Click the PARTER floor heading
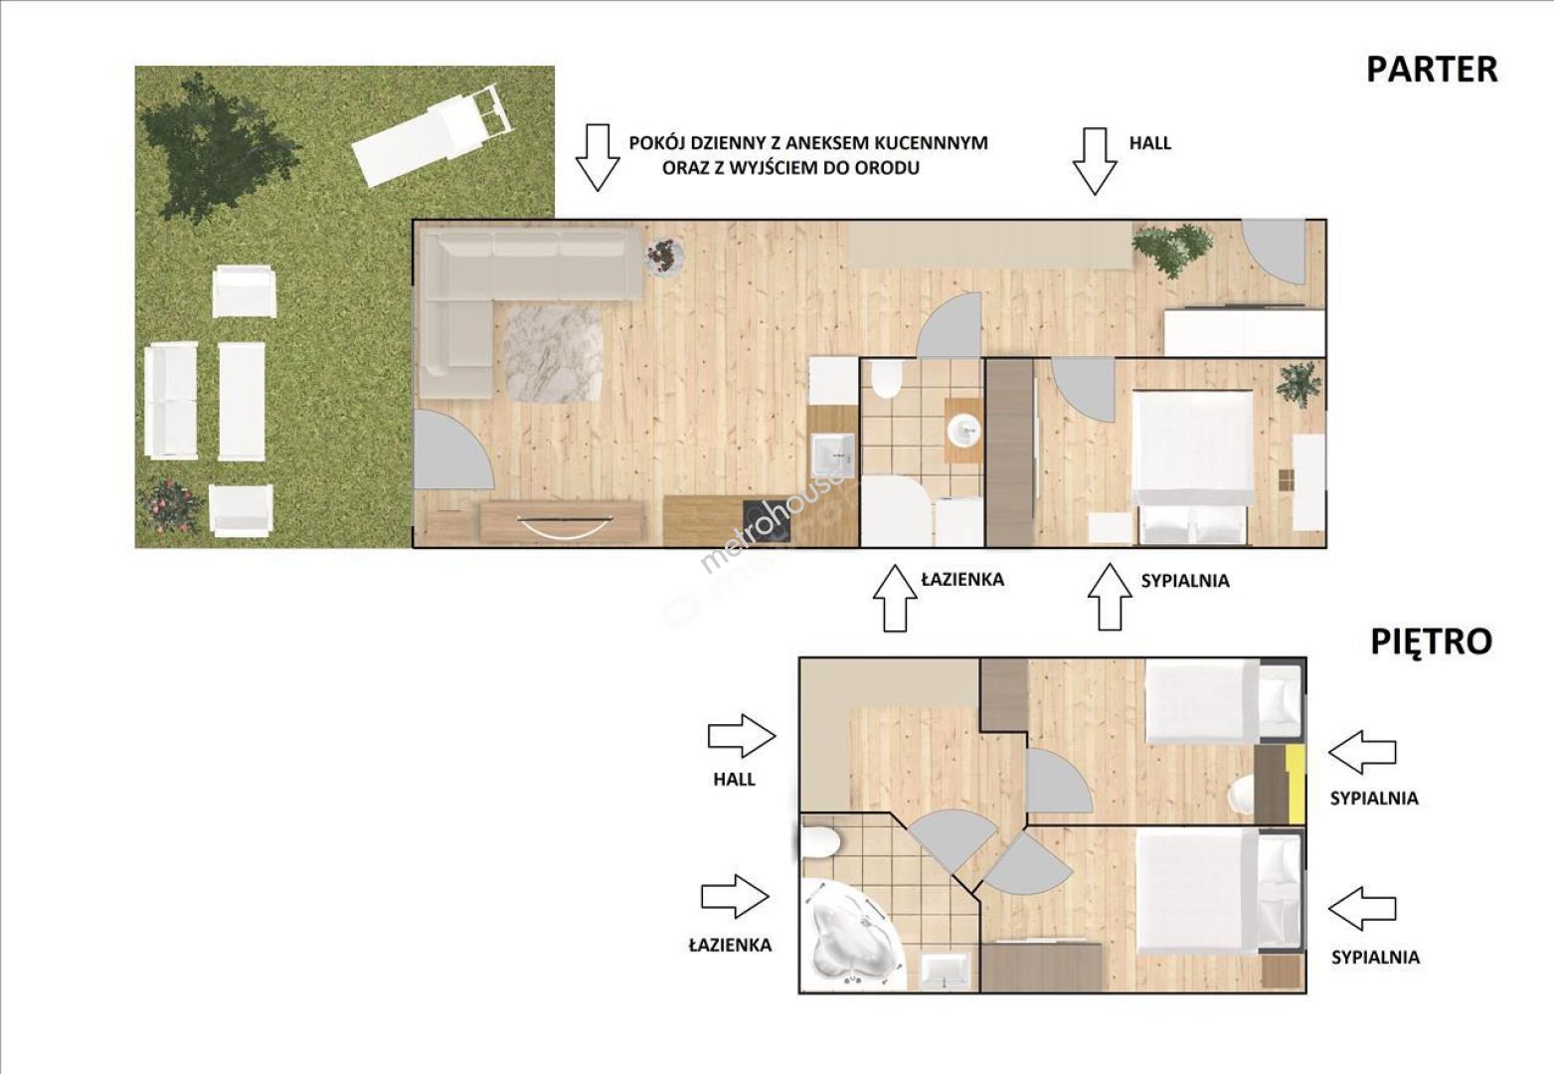(1432, 70)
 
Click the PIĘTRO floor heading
(1431, 642)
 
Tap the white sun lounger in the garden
(432, 135)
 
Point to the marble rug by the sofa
(554, 354)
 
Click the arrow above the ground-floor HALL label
(1095, 161)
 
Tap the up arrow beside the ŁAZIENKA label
(895, 598)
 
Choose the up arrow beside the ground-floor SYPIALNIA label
(1110, 597)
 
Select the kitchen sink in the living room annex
(832, 456)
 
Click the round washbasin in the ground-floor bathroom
(963, 431)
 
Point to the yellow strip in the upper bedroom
(1295, 784)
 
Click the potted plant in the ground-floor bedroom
(1298, 384)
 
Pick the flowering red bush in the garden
(170, 506)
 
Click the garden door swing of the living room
(451, 450)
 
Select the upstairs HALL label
(734, 779)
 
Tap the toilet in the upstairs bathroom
(821, 843)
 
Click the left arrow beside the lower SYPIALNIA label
(1362, 908)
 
